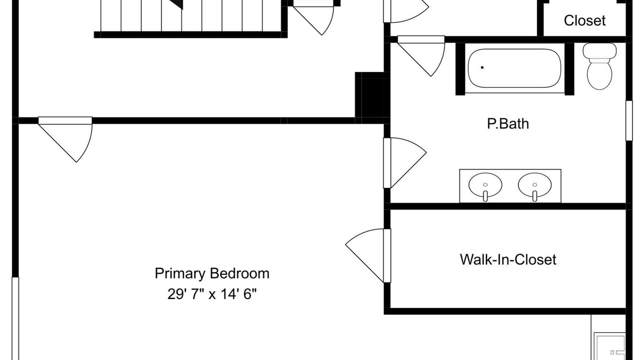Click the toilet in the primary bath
click(599, 66)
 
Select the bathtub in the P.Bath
click(514, 68)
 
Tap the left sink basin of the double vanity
click(485, 185)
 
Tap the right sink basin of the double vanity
click(534, 185)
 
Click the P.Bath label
click(507, 123)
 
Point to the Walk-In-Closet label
click(508, 259)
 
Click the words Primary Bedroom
click(212, 273)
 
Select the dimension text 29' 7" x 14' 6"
click(212, 293)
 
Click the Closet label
click(584, 20)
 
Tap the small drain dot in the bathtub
click(482, 67)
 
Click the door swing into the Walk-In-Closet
click(368, 255)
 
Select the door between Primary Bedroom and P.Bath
click(405, 163)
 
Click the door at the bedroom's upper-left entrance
click(65, 139)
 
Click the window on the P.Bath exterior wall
click(629, 120)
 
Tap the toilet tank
click(599, 50)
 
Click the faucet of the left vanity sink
click(485, 196)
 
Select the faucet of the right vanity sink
click(534, 196)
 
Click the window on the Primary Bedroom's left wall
click(15, 318)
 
